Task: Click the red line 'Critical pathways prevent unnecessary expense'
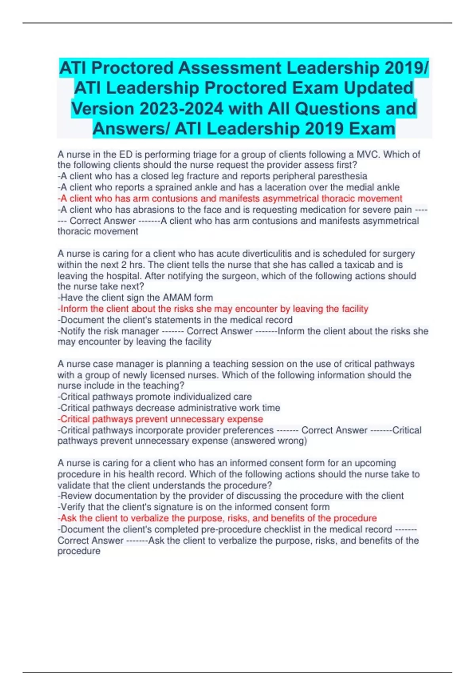tap(160, 419)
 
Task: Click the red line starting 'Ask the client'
tap(217, 518)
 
